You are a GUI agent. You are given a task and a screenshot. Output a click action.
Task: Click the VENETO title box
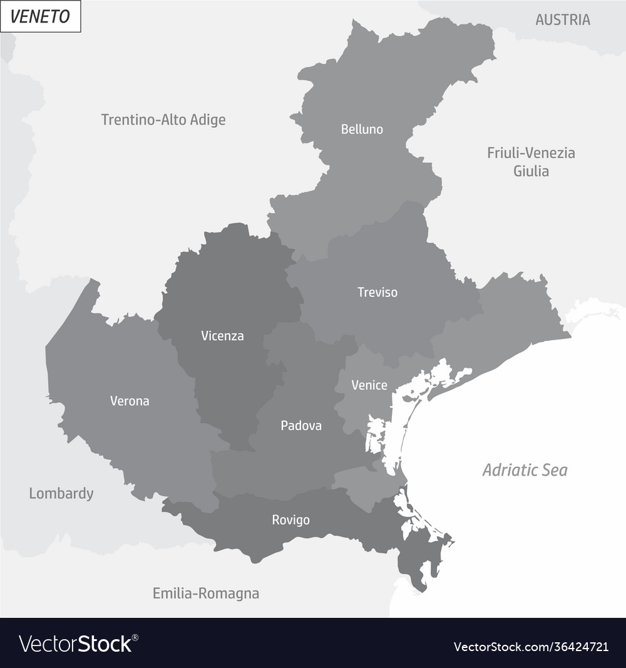point(41,16)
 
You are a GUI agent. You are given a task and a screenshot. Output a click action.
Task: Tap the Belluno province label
point(362,130)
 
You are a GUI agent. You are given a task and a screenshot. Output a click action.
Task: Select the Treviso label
point(377,292)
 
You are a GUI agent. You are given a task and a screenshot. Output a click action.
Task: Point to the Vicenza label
point(222,336)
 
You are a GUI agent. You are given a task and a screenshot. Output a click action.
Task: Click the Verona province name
point(130,401)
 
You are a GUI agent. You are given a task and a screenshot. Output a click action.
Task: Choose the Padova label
point(301,426)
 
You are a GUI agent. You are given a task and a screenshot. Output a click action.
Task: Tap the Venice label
point(369,385)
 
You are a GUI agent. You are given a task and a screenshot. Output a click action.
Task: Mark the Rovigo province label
point(290,520)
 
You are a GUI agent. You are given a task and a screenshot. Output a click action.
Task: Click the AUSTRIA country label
point(563,20)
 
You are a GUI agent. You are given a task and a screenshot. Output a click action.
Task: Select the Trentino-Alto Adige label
point(163,120)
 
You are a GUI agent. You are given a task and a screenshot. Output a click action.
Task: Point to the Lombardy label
point(61,494)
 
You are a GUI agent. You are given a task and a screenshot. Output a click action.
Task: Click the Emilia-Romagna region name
point(206,593)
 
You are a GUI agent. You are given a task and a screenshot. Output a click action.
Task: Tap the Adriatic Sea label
point(525,470)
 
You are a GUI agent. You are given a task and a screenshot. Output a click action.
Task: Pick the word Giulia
point(531,171)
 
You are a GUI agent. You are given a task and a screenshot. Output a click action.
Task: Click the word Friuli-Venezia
point(531,153)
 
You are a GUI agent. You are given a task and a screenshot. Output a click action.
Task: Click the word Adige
point(206,120)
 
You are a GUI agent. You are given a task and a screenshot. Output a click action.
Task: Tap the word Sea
point(554,470)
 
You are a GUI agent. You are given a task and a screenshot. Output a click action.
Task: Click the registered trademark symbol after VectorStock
point(136,637)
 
